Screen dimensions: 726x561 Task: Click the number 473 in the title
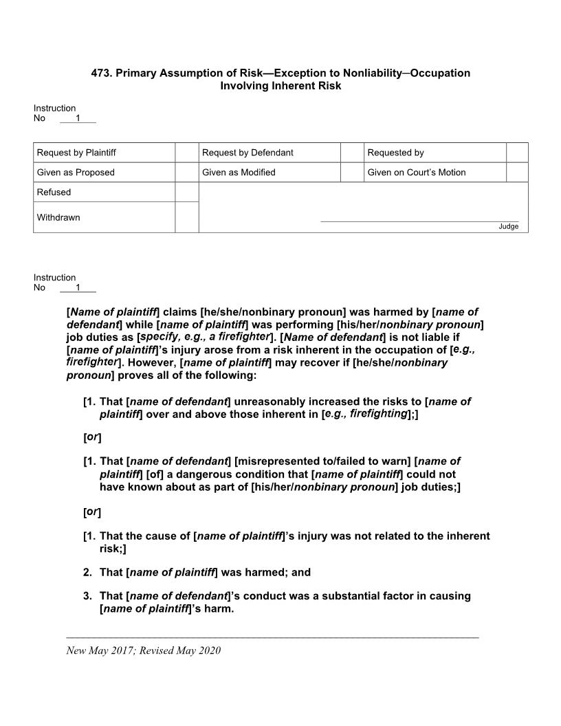point(100,73)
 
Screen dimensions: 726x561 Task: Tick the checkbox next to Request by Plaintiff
point(186,153)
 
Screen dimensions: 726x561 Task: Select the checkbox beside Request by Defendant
point(352,153)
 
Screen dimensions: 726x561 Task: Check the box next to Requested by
point(517,153)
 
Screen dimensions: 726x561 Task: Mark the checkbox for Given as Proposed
point(186,173)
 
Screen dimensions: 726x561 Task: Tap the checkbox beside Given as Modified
point(352,173)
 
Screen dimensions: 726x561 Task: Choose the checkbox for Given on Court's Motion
point(517,173)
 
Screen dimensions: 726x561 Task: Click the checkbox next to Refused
point(186,192)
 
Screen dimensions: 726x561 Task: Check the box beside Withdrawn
point(186,217)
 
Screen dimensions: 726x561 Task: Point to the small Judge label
point(509,227)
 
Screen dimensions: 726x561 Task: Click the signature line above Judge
point(419,221)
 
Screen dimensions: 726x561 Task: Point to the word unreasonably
point(268,401)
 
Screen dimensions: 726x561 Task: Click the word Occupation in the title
point(440,73)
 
